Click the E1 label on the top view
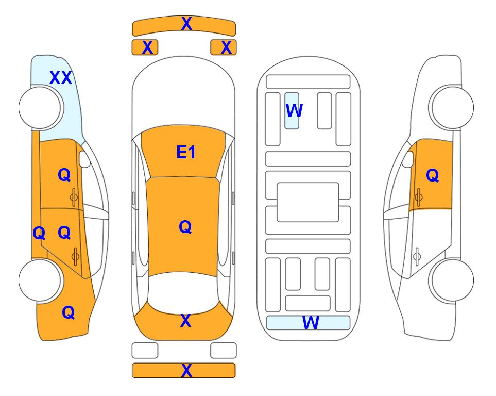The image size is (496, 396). [186, 152]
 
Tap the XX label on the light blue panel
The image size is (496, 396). [61, 78]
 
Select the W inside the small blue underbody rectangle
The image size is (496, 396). [294, 110]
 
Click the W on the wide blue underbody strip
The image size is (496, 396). [311, 322]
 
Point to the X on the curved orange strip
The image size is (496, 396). [186, 23]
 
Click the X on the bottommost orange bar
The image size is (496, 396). [186, 370]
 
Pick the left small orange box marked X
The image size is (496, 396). [145, 47]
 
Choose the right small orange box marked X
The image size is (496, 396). [224, 47]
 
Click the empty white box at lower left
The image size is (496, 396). [145, 351]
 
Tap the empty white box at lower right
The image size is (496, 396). [224, 351]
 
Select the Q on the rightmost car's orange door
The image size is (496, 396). [433, 175]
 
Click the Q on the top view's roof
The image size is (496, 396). [185, 227]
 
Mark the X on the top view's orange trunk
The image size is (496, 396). [185, 321]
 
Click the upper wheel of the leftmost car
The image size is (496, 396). [40, 108]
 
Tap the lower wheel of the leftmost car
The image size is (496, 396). [40, 280]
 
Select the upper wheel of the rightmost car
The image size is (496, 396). [452, 108]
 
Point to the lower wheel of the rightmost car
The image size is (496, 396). [452, 280]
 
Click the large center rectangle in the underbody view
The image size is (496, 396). [308, 202]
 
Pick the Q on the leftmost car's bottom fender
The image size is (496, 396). [69, 312]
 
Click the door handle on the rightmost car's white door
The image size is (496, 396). [417, 256]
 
